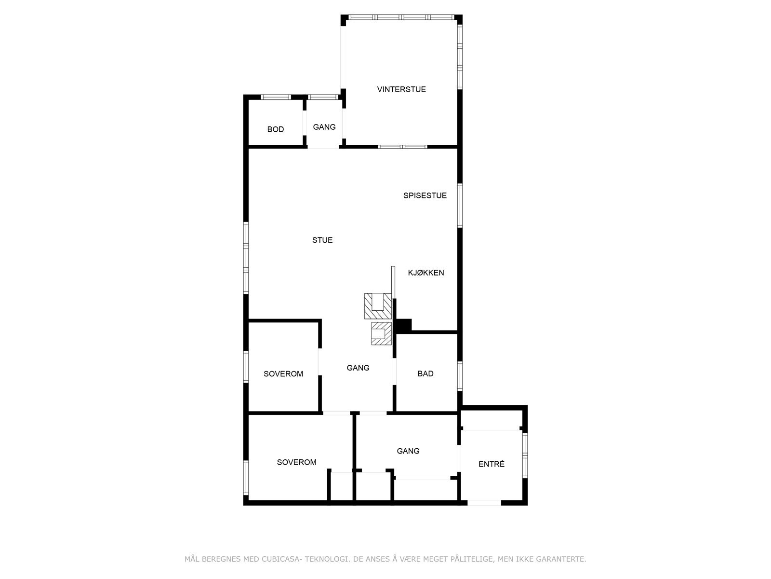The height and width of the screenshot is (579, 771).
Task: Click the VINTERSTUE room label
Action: point(401,89)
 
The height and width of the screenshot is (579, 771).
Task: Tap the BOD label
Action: point(276,129)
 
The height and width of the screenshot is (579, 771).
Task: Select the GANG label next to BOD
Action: point(324,127)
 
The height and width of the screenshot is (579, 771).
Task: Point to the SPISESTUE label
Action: point(425,195)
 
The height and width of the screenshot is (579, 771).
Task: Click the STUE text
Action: point(322,240)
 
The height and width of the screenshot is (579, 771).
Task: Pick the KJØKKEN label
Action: point(426,273)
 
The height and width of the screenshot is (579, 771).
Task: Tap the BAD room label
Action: point(425,373)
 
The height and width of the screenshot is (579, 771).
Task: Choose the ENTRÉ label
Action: point(492,464)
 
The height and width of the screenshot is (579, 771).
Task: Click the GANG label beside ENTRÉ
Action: point(408,451)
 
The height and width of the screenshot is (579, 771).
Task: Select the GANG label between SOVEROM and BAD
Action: point(358,368)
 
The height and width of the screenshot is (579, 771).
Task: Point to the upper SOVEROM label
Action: point(283,373)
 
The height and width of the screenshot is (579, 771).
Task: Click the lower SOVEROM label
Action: point(297,462)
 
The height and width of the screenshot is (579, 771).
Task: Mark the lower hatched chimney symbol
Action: point(381,334)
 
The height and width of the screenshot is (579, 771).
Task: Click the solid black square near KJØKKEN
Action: point(403,326)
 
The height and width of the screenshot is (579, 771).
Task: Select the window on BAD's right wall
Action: point(460,376)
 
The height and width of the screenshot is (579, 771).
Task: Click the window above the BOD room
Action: point(276,97)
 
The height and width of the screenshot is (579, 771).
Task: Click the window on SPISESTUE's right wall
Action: point(460,206)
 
